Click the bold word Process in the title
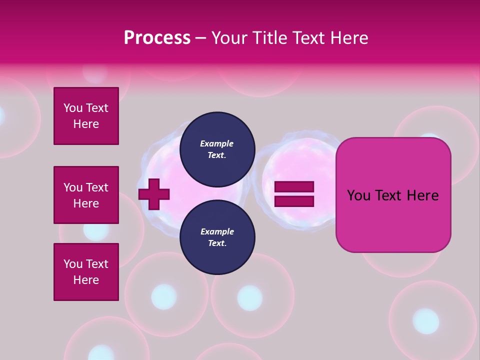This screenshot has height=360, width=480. coord(157,38)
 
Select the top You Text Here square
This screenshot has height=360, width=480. coord(86,116)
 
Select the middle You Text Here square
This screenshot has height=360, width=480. coord(86,195)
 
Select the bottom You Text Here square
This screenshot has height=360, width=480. coord(86,272)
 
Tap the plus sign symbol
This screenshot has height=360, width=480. coord(154,193)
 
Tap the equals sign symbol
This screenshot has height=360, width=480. coord(294,194)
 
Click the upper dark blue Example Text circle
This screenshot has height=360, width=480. coord(217,149)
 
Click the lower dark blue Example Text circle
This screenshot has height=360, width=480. coord(217,237)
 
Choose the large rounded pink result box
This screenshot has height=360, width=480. coord(393,220)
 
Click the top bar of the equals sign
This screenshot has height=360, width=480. coord(294,186)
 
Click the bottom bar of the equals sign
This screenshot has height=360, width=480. coord(294,201)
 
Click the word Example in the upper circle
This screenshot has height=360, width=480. coord(217,143)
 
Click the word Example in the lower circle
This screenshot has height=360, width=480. coord(217,231)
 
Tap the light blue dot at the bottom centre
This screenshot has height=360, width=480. coord(249,298)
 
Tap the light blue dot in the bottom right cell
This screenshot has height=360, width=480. coord(425,321)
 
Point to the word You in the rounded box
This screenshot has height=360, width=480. coord(358,195)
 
